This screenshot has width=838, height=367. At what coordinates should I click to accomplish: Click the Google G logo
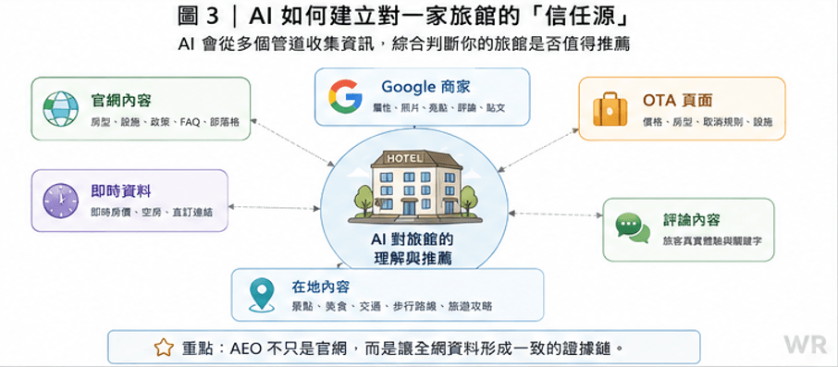[345, 96]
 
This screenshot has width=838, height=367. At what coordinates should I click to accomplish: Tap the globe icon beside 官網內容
[60, 108]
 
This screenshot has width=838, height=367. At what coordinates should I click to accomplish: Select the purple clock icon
[60, 201]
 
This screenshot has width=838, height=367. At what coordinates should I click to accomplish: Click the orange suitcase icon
[610, 108]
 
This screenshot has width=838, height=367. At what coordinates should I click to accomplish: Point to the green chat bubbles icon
[633, 227]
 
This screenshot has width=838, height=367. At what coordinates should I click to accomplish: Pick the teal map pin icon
[262, 296]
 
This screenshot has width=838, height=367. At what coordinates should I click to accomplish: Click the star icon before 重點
[164, 349]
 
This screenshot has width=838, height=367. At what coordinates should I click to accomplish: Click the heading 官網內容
[121, 100]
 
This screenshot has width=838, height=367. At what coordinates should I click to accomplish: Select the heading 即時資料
[120, 191]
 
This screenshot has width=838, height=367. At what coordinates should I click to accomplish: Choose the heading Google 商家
[425, 87]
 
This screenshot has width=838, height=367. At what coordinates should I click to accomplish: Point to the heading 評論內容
[692, 220]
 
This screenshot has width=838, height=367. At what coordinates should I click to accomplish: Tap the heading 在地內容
[321, 287]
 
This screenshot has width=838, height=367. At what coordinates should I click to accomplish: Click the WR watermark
[806, 345]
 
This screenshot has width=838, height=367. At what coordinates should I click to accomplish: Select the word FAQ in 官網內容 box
[191, 122]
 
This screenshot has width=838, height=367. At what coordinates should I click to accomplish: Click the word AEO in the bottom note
[245, 349]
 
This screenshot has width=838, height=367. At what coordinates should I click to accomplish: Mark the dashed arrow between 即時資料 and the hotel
[274, 207]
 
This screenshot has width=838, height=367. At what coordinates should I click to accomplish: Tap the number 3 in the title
[212, 17]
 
